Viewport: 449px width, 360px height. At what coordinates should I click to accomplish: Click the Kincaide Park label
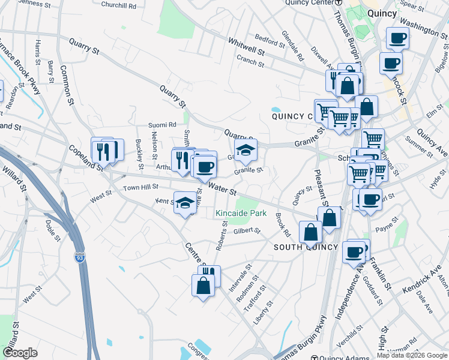click(x=241, y=214)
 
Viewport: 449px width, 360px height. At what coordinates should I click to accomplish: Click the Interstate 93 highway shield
click(x=79, y=257)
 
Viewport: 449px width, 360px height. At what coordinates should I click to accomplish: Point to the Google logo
click(x=20, y=352)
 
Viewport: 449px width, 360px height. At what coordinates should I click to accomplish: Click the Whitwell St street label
click(x=246, y=47)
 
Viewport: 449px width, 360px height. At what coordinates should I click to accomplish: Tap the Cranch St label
click(x=250, y=59)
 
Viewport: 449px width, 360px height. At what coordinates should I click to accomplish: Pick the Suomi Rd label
click(x=162, y=125)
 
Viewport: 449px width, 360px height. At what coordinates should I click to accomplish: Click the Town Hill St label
click(x=140, y=188)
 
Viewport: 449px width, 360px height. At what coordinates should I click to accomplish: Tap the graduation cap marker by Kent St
click(x=185, y=203)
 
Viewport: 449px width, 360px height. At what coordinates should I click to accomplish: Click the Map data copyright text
click(x=412, y=355)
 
